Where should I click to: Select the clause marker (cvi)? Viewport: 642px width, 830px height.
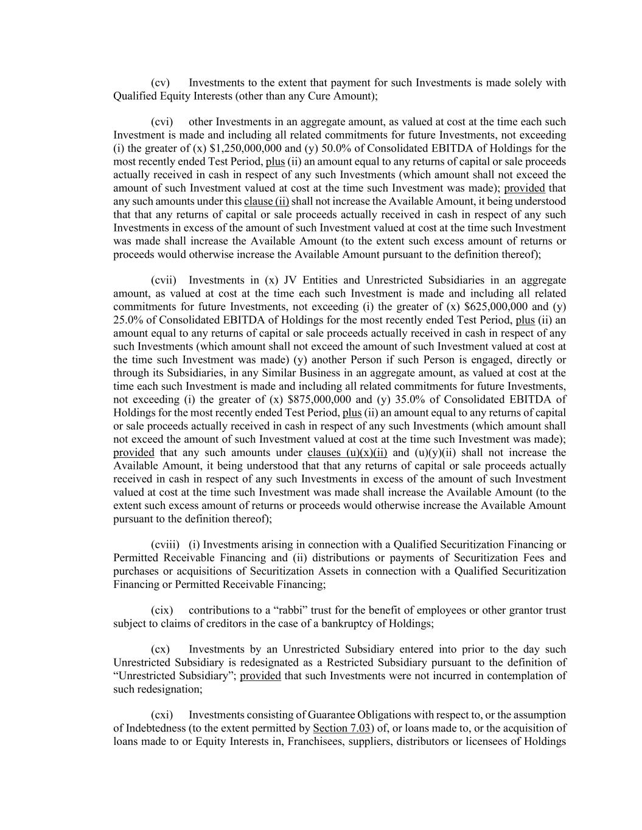(x=162, y=122)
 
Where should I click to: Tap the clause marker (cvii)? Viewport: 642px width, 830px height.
(x=163, y=280)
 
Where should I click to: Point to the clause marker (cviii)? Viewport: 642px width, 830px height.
(x=165, y=544)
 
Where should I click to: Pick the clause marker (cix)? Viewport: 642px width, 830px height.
(x=162, y=610)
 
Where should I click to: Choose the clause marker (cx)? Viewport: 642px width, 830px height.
(x=160, y=649)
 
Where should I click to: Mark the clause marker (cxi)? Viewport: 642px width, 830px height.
(x=162, y=714)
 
